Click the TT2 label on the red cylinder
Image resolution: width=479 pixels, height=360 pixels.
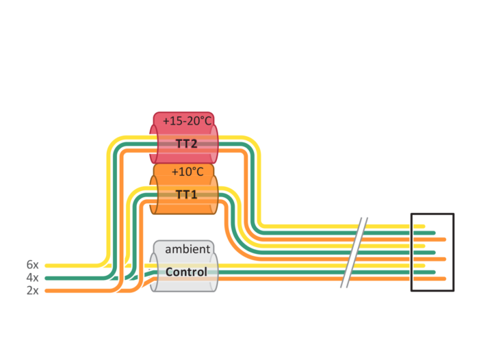tap(186, 144)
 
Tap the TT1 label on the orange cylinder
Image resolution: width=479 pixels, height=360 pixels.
tap(186, 194)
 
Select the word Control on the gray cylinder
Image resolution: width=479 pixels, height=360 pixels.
tap(186, 272)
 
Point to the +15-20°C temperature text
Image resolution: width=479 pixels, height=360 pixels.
tap(187, 121)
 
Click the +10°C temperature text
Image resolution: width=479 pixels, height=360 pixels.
tap(187, 172)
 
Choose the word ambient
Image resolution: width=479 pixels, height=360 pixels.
tap(187, 249)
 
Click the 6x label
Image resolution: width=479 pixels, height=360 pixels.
tap(33, 265)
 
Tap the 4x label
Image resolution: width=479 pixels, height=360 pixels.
tap(33, 277)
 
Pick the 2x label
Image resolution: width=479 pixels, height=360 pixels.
tap(33, 290)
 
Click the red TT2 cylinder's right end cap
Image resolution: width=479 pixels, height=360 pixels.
tap(214, 144)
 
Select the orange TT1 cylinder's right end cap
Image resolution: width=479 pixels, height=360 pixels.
tap(214, 194)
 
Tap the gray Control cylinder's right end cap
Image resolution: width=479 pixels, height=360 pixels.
tap(214, 272)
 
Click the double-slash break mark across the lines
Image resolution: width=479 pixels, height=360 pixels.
tap(354, 253)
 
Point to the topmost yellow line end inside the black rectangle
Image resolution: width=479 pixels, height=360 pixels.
tap(424, 227)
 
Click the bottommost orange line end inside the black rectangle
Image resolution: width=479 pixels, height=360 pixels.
tap(444, 279)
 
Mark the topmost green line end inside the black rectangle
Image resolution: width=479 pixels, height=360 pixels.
tap(433, 233)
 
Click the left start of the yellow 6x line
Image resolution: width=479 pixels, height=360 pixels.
tap(47, 266)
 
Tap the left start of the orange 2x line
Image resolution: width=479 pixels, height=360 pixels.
tap(47, 291)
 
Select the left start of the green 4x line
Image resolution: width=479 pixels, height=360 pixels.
tap(47, 278)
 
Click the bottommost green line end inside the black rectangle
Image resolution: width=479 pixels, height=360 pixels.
tap(433, 272)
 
